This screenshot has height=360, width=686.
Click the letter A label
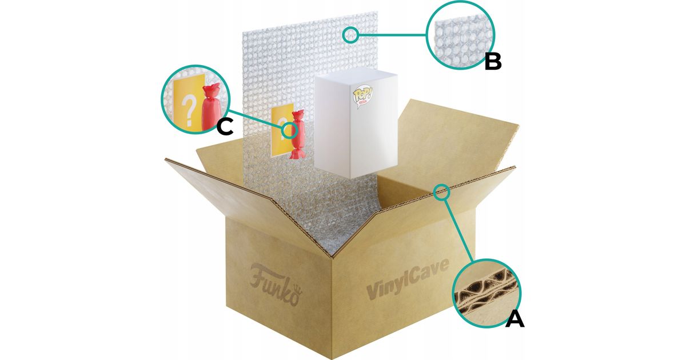(x=514, y=318)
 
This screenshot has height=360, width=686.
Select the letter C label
(x=225, y=127)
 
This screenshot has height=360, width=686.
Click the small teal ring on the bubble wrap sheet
(x=350, y=35)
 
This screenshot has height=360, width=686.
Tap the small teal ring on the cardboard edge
(x=442, y=193)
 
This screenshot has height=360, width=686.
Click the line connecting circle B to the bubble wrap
(x=392, y=35)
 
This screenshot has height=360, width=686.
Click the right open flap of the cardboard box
(x=457, y=137)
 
